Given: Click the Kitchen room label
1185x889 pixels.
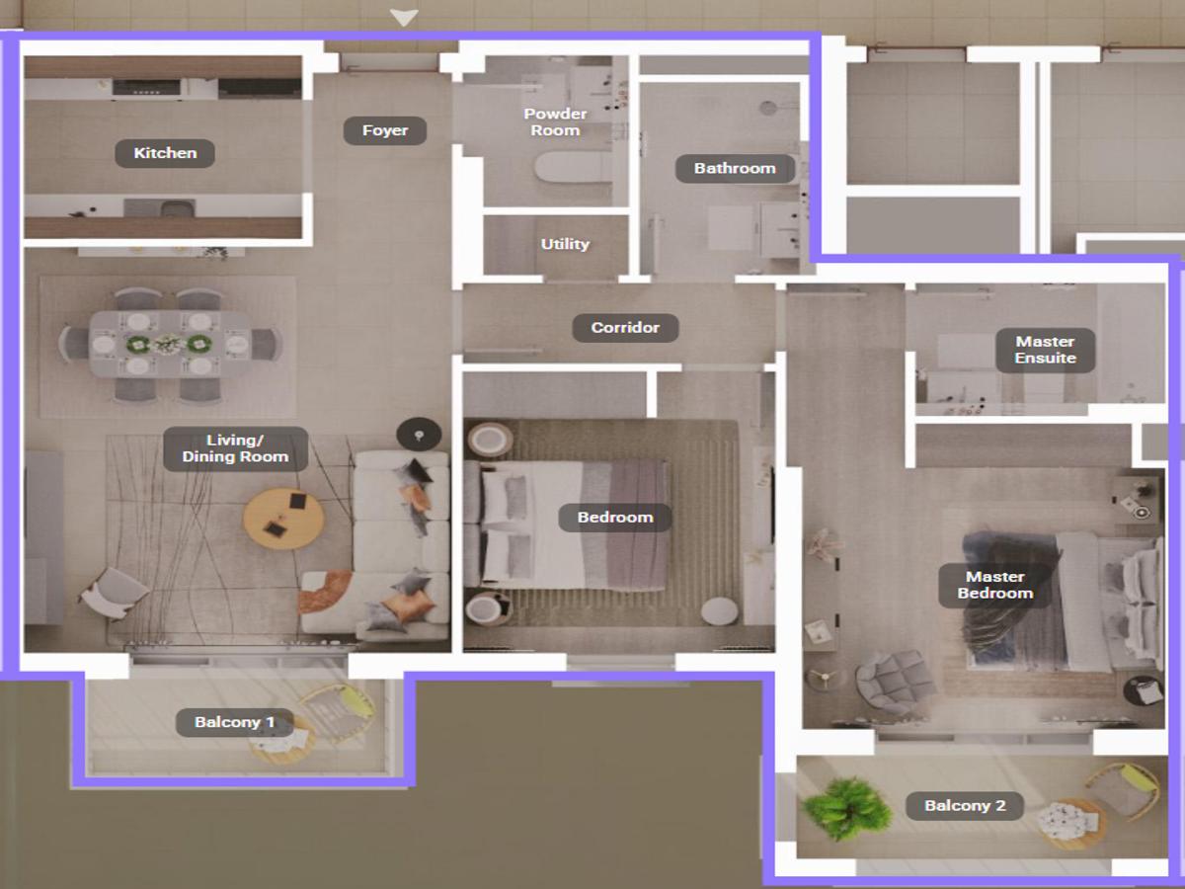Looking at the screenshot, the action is coord(165,153).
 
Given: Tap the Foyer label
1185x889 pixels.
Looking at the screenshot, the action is coord(385,130).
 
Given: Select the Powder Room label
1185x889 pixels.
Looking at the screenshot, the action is coord(555,121).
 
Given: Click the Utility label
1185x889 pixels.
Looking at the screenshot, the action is coord(565,244).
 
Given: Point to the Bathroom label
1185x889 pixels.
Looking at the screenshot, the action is coord(735,168).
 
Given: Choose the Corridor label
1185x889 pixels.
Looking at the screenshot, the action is coord(625,328).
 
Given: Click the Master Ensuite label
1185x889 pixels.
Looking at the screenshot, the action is coord(1045,350).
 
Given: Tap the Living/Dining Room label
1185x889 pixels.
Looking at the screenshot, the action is coord(235,448).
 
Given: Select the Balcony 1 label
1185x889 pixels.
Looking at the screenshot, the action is coord(235,722).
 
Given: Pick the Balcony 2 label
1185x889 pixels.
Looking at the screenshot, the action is coord(965,806).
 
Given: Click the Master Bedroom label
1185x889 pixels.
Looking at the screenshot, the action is coord(995,585).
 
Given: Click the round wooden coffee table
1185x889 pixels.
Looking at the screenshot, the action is coord(283,519).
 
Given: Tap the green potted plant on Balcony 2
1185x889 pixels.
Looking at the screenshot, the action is coord(845,809).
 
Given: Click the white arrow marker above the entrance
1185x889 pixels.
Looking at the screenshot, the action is coord(404,17).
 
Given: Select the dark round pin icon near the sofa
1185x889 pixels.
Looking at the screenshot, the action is coord(419,435).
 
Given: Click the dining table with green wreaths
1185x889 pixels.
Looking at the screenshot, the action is coord(170,344).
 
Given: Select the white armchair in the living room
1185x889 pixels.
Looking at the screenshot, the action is coord(114,593).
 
